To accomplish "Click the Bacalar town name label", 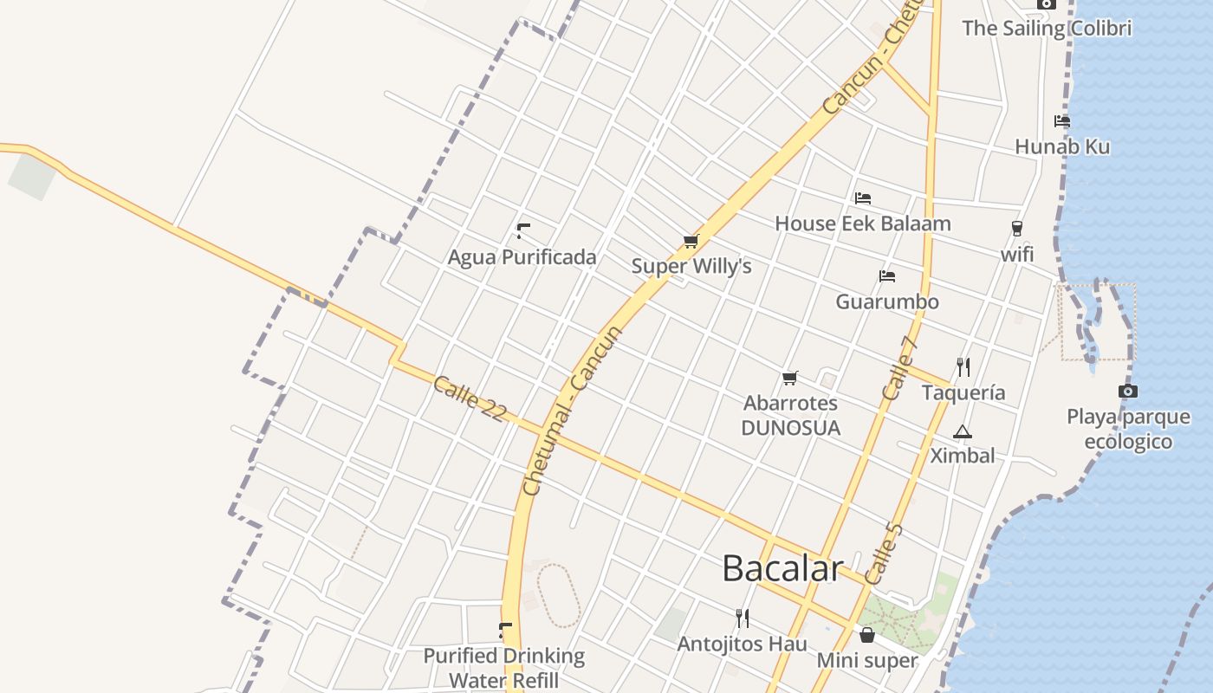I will [782, 568].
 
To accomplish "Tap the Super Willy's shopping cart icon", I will [691, 242].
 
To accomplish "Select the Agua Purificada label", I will [522, 257].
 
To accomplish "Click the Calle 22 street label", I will [469, 398].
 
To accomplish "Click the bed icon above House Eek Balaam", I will [862, 198].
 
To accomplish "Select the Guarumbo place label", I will [886, 301].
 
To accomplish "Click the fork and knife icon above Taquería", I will [963, 367].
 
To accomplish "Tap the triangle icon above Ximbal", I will [962, 431].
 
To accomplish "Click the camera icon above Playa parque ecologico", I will [1127, 392].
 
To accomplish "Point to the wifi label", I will [1017, 255].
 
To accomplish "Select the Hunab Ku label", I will [1061, 146].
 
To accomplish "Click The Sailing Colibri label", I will [1047, 28].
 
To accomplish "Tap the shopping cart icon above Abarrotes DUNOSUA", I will [789, 378].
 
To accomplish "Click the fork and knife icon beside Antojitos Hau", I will [743, 618].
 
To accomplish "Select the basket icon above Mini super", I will [866, 636].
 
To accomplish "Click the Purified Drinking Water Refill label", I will [503, 668].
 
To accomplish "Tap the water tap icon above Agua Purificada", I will [522, 230].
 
